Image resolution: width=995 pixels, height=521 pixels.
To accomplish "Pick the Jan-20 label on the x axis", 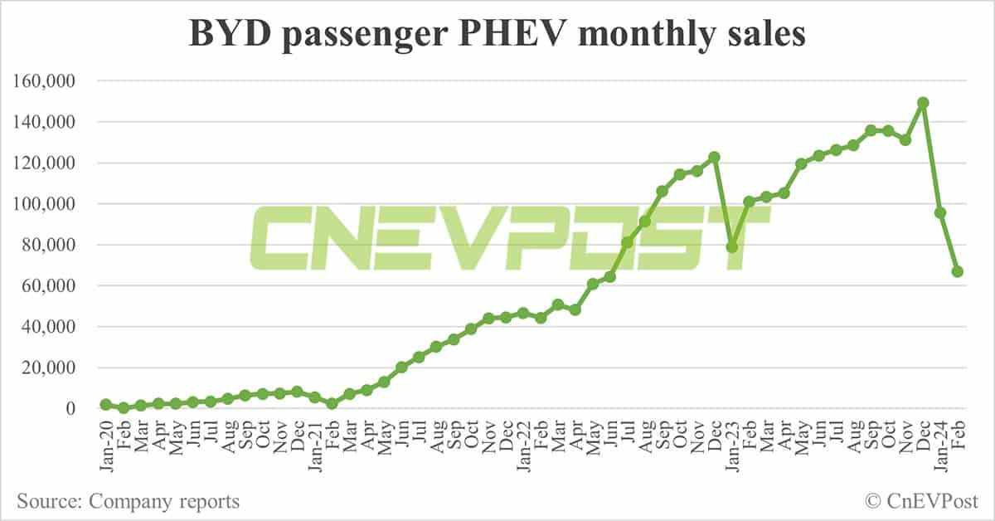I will tap(106, 446).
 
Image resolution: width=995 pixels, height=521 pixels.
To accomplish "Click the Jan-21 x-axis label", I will tap(315, 446).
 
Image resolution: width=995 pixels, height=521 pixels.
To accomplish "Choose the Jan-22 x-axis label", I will tap(523, 446).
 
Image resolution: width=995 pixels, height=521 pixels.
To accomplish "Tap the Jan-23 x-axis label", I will tap(732, 446).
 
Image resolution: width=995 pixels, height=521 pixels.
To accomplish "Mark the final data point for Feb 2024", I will tap(957, 271).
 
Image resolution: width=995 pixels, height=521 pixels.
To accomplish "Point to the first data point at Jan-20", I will tap(105, 404).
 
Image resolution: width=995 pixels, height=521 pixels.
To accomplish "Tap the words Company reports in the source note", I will tap(164, 501).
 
